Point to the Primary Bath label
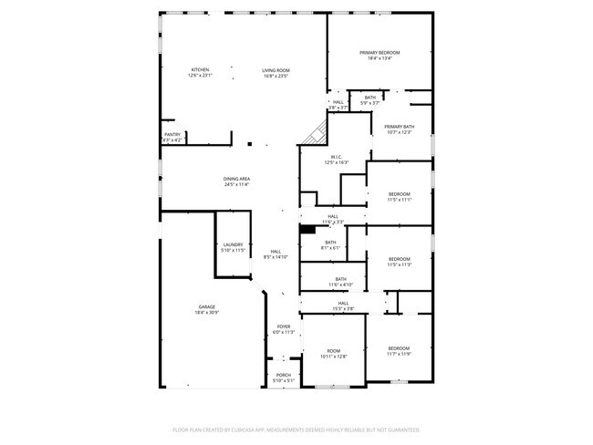399,129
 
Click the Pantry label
172,137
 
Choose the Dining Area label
237,181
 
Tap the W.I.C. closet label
336,159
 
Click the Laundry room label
233,247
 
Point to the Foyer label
284,329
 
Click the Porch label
284,378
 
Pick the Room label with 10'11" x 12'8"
334,354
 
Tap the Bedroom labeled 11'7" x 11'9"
399,351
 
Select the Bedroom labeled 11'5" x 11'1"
399,197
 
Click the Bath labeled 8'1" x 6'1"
330,244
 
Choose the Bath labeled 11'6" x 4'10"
340,282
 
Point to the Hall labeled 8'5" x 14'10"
276,254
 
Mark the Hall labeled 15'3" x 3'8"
343,305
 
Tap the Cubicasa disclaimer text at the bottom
296,429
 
